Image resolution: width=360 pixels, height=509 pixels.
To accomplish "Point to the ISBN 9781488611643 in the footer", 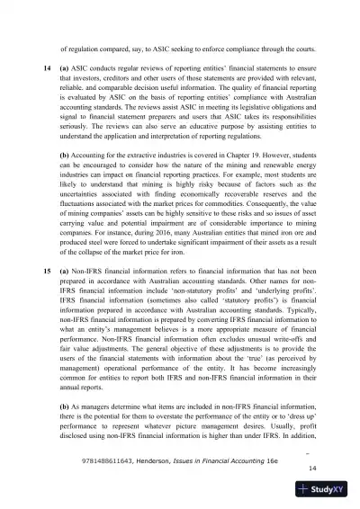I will pyautogui.click(x=111, y=458).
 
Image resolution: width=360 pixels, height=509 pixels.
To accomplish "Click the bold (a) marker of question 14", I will pyautogui.click(x=65, y=68).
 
